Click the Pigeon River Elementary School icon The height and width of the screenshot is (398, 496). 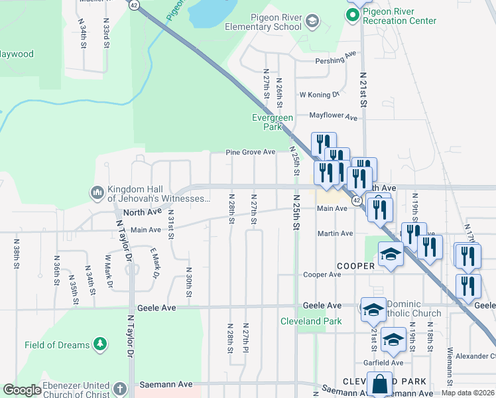[312, 23]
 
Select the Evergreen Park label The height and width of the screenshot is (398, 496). [273, 121]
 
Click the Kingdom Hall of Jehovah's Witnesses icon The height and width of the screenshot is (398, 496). [97, 193]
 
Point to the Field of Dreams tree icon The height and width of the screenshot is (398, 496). [99, 344]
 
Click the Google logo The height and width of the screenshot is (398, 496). [22, 390]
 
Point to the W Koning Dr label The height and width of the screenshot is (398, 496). [319, 95]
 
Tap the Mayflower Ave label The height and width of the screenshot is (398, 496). [334, 116]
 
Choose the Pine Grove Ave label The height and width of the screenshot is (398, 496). [250, 152]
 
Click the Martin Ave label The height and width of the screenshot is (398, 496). [335, 233]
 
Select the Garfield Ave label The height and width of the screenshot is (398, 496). [383, 363]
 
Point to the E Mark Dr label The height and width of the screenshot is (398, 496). [156, 260]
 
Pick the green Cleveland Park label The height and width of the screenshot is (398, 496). [320, 321]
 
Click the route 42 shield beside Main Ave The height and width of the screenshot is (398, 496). [357, 200]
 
